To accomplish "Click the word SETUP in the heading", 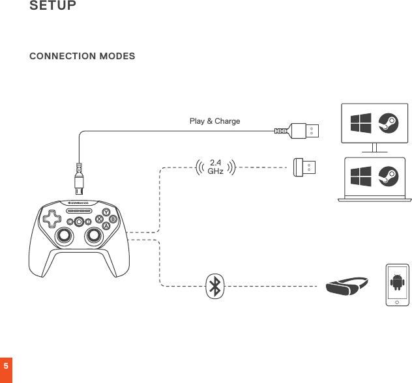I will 53,7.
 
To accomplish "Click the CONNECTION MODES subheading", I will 82,56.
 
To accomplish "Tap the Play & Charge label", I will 214,121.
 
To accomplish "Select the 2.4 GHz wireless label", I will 215,167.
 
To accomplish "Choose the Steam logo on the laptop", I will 388,176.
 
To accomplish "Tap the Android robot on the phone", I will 397,282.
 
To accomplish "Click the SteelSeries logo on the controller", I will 78,203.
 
